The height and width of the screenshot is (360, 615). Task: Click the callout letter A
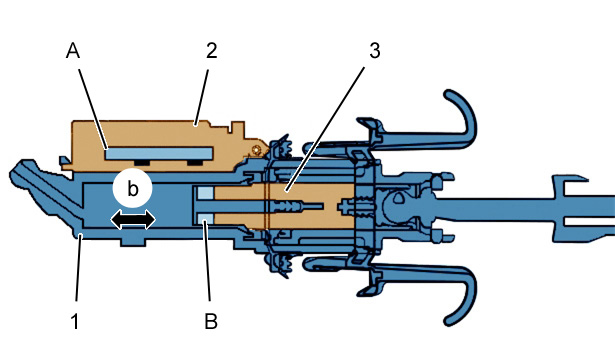[73, 51]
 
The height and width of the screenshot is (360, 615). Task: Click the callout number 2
[211, 51]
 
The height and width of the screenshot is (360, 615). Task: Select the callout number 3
[375, 51]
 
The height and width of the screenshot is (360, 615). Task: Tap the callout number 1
[75, 321]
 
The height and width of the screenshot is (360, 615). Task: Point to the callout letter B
[211, 321]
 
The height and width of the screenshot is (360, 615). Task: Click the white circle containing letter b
[132, 189]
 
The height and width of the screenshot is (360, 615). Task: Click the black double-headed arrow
[133, 219]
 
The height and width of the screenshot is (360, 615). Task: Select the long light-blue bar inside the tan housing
[159, 153]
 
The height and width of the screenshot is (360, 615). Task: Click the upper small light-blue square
[206, 193]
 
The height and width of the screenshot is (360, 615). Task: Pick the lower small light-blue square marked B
[206, 219]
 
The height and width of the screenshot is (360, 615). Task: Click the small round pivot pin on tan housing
[257, 150]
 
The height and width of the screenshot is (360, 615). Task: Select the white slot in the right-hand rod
[589, 222]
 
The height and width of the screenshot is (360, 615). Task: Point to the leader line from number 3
[326, 129]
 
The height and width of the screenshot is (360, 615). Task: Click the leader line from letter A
[93, 109]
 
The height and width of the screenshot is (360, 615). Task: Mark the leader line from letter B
[207, 261]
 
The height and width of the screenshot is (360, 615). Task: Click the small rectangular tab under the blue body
[133, 242]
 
